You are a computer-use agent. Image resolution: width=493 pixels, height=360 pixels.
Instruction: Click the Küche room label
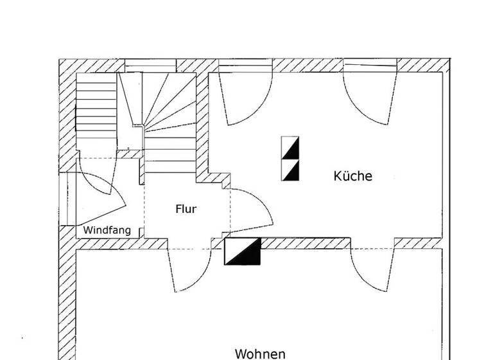(x=352, y=175)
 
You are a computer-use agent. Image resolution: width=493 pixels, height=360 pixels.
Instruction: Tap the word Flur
(x=186, y=209)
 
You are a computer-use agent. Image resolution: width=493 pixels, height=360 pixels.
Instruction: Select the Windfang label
(x=107, y=230)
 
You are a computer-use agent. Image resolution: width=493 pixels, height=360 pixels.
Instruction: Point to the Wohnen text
(x=259, y=353)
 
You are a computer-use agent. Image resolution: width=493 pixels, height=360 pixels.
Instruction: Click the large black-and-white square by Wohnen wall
(x=243, y=251)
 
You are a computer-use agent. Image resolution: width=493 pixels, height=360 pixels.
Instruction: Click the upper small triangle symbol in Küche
(x=290, y=148)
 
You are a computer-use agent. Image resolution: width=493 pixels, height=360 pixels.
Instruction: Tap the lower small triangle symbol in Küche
(x=290, y=170)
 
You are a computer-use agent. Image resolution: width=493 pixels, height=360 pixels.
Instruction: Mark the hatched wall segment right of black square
(x=305, y=243)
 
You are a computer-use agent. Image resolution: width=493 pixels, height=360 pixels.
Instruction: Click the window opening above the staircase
(x=150, y=65)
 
